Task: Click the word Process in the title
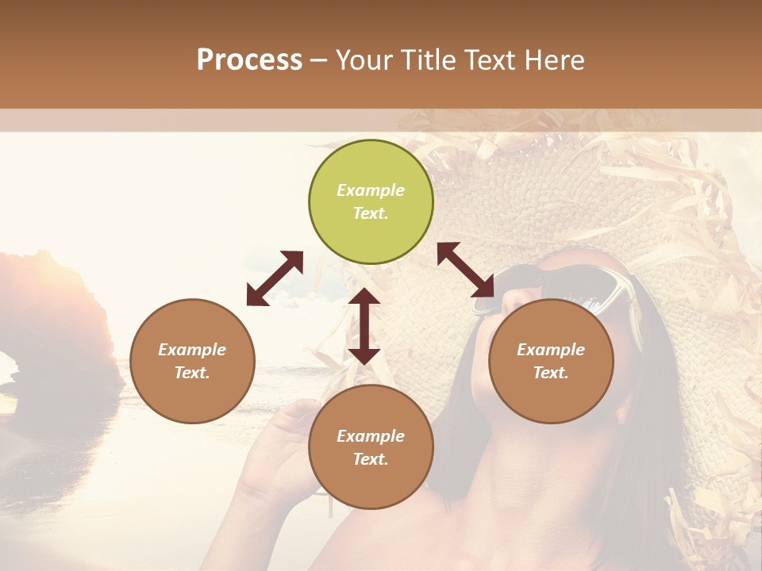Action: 249,60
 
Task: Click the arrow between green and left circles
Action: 275,278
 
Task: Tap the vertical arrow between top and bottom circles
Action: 364,326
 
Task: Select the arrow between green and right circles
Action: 466,269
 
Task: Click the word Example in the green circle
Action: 371,190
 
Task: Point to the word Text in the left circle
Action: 192,373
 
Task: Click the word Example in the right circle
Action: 551,350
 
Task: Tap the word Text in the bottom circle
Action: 371,459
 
